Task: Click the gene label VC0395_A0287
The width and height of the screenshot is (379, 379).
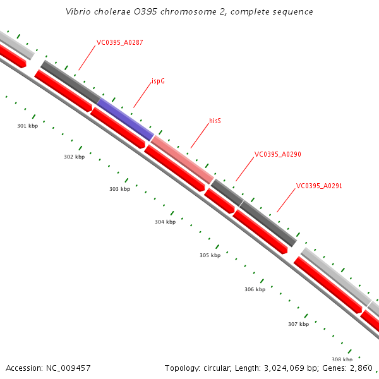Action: pyautogui.click(x=119, y=43)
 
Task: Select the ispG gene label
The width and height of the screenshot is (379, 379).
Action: pyautogui.click(x=158, y=81)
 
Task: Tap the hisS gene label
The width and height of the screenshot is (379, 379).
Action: pyautogui.click(x=215, y=120)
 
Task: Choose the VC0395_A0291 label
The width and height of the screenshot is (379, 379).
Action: pyautogui.click(x=319, y=186)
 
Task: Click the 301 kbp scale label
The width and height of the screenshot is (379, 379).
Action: pyautogui.click(x=27, y=126)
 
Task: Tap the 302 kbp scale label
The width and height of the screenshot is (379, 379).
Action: pyautogui.click(x=74, y=157)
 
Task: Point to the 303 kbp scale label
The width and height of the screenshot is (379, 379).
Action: pyautogui.click(x=119, y=189)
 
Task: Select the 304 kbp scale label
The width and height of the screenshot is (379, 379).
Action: pyautogui.click(x=165, y=222)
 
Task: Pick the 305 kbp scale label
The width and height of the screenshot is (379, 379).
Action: pyautogui.click(x=210, y=256)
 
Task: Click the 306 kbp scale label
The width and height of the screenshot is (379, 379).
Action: pyautogui.click(x=255, y=289)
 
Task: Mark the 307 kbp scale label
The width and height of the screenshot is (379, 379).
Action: pyautogui.click(x=298, y=324)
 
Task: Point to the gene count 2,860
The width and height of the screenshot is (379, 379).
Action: pyautogui.click(x=361, y=368)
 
